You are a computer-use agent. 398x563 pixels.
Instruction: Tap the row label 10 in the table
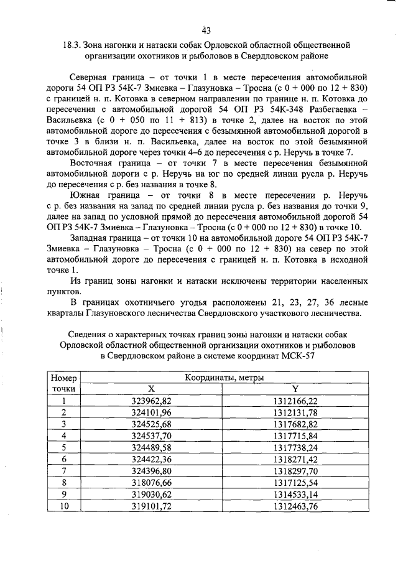click(x=63, y=506)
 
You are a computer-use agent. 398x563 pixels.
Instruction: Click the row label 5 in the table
click(x=63, y=447)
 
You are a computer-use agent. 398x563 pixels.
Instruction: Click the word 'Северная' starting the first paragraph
click(x=93, y=77)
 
